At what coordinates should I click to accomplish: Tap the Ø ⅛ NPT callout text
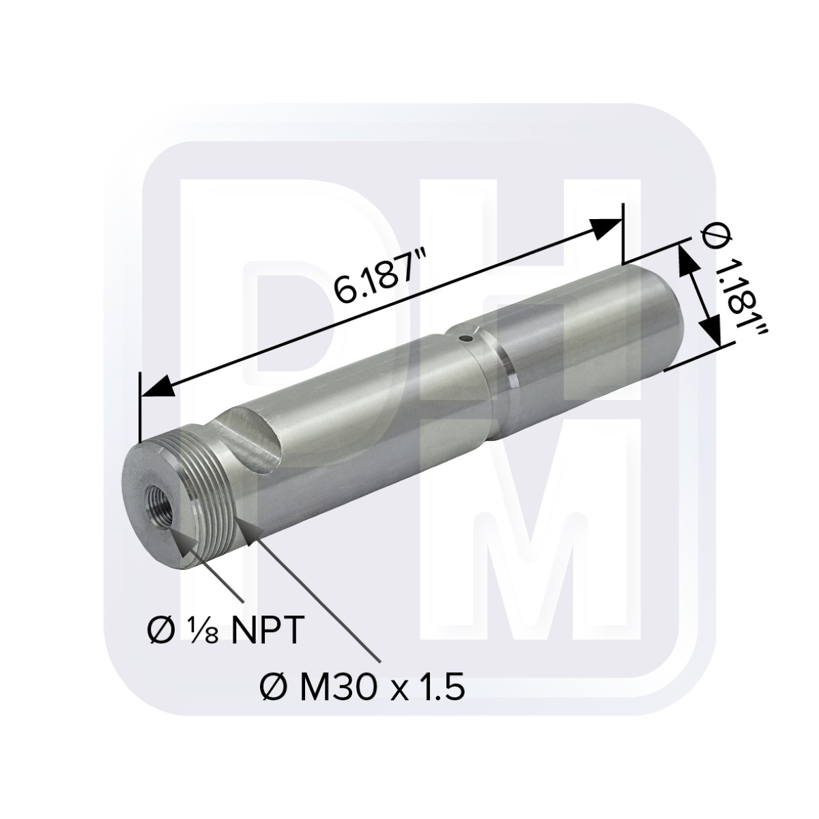[224, 632]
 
